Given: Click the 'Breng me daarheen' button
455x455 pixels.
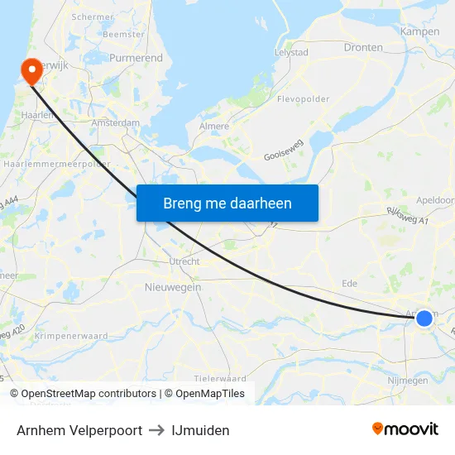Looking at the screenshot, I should [x=227, y=203].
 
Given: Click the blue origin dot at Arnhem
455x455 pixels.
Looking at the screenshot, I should [x=424, y=318].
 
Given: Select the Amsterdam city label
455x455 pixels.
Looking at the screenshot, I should [x=117, y=122].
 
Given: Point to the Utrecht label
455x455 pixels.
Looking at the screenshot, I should [x=184, y=261].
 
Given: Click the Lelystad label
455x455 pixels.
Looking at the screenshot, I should [x=291, y=52].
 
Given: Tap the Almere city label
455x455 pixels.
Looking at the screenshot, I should [x=214, y=127].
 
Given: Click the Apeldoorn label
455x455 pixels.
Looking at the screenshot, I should [x=436, y=200].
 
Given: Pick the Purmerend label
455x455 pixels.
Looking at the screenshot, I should [x=136, y=58].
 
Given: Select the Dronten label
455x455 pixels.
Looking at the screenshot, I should [x=363, y=47].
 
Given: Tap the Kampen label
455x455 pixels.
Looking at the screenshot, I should [x=419, y=31].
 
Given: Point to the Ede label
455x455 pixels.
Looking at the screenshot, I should [x=349, y=283].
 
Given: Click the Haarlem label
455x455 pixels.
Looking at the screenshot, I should [x=39, y=115].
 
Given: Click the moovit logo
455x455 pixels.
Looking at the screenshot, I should [x=405, y=429].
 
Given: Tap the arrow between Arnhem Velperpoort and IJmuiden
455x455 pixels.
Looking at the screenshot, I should [x=157, y=430].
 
